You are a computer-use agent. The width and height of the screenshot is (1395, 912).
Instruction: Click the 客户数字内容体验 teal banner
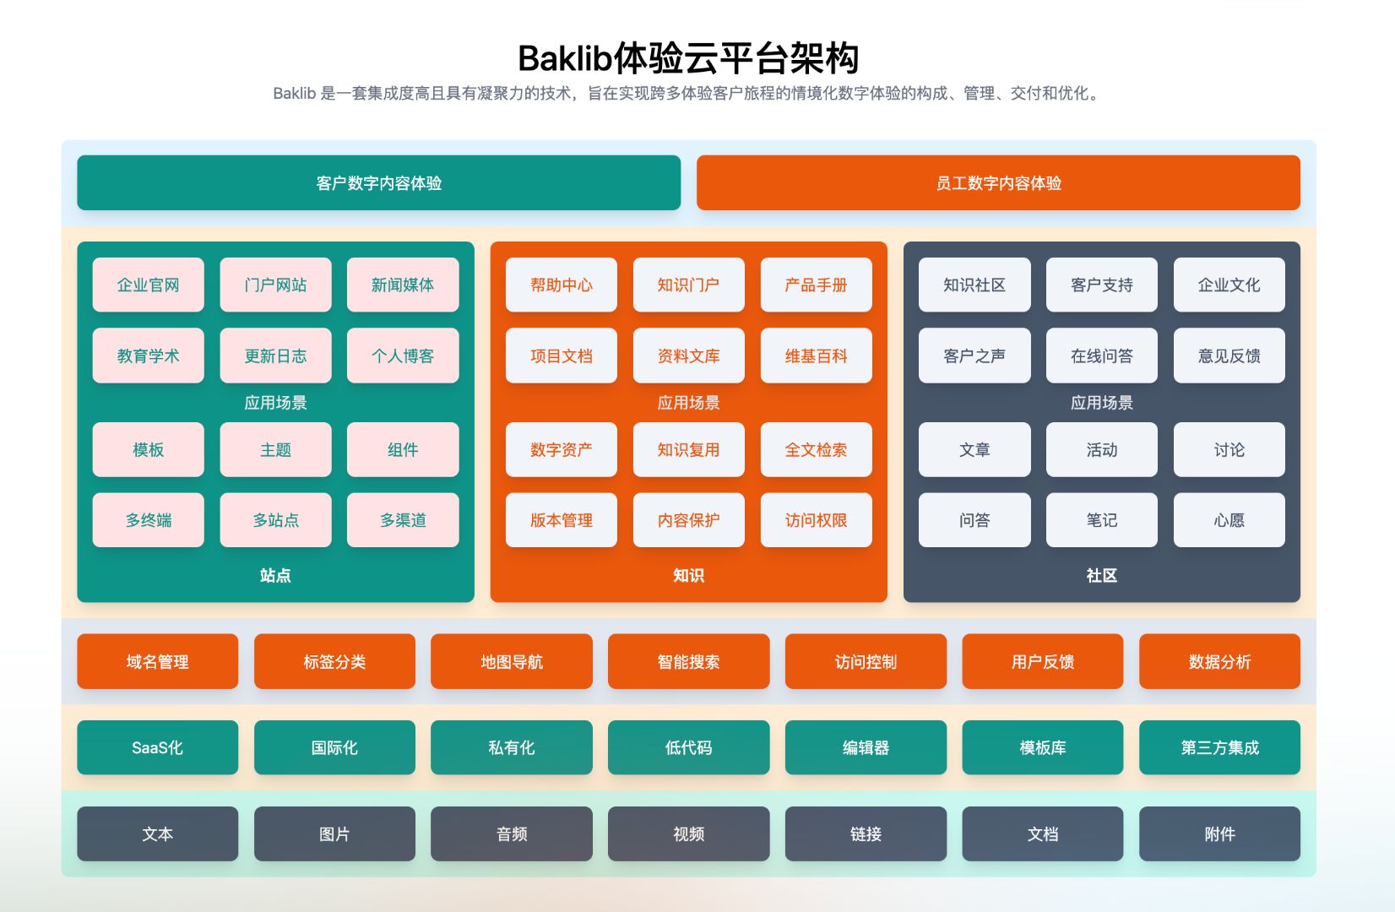[378, 182]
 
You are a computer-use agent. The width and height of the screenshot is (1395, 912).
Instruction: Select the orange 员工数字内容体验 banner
[998, 182]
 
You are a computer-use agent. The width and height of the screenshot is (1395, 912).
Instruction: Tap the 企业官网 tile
[148, 285]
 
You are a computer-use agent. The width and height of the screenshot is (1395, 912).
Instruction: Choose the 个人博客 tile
[403, 356]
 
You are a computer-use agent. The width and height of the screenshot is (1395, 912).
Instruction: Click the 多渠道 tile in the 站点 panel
[403, 520]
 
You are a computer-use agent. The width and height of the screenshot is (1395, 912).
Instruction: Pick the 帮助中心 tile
[562, 285]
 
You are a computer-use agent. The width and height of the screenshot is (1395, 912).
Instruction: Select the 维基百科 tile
[816, 356]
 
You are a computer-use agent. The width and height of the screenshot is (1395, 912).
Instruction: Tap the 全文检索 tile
[816, 449]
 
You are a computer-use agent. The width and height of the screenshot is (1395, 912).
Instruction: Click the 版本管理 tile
[562, 520]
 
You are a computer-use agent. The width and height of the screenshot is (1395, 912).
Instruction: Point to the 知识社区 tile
[974, 285]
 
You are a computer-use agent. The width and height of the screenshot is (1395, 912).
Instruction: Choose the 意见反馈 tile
[1229, 356]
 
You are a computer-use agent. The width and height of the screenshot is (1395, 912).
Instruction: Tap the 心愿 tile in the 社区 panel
[1229, 520]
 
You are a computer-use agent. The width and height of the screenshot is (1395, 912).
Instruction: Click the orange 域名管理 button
[157, 661]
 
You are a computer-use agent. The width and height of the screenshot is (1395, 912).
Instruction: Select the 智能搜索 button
[688, 661]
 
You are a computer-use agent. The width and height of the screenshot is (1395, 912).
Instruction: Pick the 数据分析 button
[1219, 661]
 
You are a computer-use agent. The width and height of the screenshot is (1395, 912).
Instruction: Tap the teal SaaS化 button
[157, 747]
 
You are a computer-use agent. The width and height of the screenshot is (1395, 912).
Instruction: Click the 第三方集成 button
[1219, 747]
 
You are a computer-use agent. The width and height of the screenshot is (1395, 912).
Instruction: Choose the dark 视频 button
[688, 833]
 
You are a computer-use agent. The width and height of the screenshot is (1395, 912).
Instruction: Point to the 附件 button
[1219, 833]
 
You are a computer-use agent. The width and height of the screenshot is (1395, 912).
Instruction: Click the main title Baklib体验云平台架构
[688, 58]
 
